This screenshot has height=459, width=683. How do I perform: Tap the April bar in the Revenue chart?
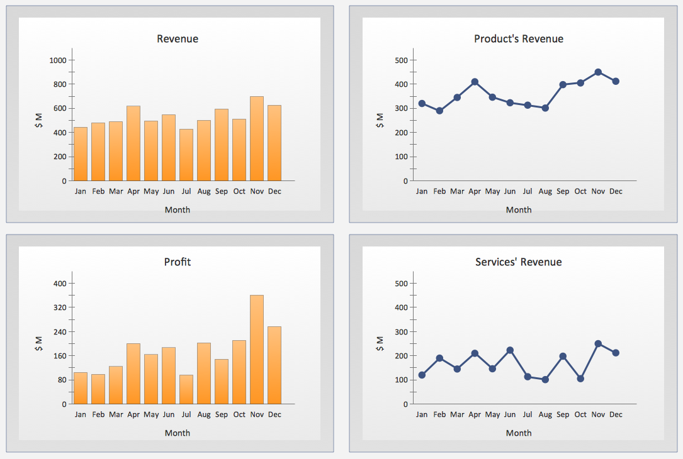point(133,143)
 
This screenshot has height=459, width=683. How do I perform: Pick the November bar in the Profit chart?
point(257,350)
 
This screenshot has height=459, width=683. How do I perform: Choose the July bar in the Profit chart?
point(186,389)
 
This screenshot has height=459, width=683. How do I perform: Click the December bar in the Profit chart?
point(274,365)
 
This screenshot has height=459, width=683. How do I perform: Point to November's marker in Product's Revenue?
point(598,72)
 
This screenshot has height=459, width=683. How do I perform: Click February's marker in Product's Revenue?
point(439,111)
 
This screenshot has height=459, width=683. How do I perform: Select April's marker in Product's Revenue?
point(475,82)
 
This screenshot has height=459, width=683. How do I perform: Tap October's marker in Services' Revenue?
point(580,379)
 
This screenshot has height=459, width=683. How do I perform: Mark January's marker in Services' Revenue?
point(422,375)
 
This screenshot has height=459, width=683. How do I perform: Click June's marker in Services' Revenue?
point(510,350)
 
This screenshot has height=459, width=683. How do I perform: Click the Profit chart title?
point(178,262)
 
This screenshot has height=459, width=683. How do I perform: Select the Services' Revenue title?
point(519,262)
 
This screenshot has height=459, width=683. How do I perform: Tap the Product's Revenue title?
point(519,39)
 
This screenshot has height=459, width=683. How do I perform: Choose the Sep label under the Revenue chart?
point(222,191)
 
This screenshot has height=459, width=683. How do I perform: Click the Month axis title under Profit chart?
point(178,433)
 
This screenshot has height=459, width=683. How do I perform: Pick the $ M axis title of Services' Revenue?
point(380,343)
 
